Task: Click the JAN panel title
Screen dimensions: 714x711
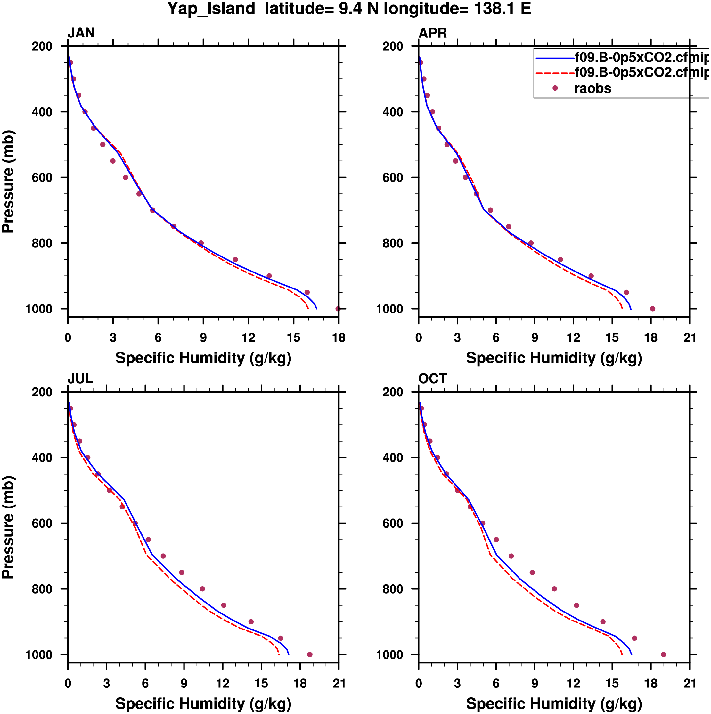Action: click(81, 33)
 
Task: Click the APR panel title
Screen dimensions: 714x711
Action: click(433, 33)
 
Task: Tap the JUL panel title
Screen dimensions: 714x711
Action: click(80, 379)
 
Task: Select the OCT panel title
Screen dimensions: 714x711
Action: click(433, 379)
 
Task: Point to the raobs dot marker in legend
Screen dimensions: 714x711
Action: click(555, 88)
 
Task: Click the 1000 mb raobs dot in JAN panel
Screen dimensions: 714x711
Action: click(338, 309)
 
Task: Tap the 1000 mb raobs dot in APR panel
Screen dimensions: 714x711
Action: click(653, 309)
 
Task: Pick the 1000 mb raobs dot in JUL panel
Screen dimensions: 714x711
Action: click(310, 654)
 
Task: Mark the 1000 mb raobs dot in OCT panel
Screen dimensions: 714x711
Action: click(664, 654)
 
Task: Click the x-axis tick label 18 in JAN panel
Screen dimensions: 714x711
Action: click(339, 338)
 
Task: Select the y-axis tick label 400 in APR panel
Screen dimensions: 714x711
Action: click(393, 112)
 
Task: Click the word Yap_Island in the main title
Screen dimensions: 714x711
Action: click(211, 9)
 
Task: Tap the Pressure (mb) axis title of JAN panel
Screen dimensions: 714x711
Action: click(8, 182)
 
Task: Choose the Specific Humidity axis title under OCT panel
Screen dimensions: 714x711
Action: click(554, 704)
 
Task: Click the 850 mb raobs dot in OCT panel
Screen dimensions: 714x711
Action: click(576, 605)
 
